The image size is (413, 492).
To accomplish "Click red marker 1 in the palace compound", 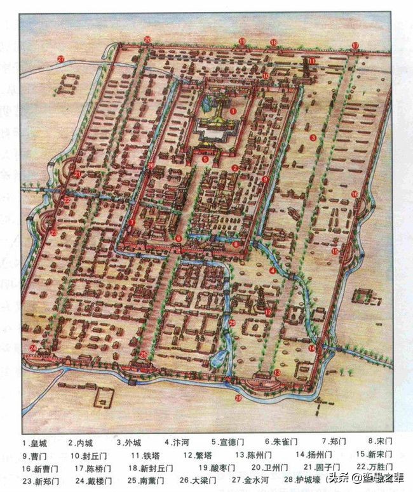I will click(x=234, y=110).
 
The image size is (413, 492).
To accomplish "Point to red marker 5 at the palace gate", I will click(x=205, y=159).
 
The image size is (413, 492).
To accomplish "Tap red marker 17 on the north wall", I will click(x=355, y=44).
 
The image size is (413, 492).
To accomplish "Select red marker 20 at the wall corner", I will click(x=147, y=40).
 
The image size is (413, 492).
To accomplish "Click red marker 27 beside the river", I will click(x=61, y=59).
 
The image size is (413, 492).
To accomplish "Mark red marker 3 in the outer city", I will click(x=313, y=138).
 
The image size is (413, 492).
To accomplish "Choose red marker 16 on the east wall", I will click(x=355, y=194).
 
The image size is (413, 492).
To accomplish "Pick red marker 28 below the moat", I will click(x=239, y=398).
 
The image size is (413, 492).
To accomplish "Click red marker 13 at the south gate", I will click(x=278, y=373).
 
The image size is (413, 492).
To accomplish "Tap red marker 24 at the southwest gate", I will click(x=32, y=347).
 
